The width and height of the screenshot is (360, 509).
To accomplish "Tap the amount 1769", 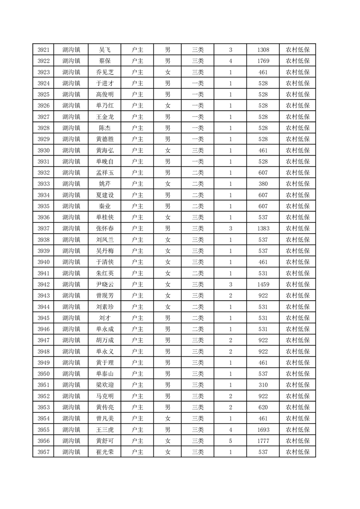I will point(263,61).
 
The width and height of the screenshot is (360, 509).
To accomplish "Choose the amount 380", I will point(263,184).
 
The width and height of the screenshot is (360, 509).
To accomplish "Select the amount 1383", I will point(263,229).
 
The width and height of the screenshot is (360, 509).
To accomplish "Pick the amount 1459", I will point(263,284).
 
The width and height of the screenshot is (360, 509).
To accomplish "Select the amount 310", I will point(263,385).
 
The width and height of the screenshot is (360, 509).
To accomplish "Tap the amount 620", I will point(263,407).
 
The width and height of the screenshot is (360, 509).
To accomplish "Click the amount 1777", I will point(263,440).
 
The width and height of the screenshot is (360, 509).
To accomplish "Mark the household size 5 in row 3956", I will point(231,440).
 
